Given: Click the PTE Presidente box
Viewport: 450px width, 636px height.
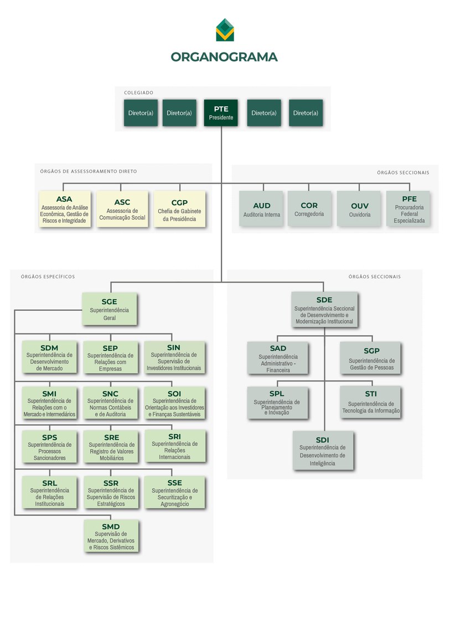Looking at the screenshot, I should (221, 113).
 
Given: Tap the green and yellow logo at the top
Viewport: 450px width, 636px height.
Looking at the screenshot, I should (225, 30).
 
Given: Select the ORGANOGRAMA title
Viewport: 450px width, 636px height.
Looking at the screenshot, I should (224, 57).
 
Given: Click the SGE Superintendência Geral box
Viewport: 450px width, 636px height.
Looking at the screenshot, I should (109, 309).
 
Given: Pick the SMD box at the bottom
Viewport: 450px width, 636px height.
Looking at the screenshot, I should (111, 536).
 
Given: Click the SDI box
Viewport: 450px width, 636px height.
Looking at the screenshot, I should (323, 451).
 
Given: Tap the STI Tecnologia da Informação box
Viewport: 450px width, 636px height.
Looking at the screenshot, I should (370, 402).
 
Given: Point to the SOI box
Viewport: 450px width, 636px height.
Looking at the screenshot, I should (174, 402).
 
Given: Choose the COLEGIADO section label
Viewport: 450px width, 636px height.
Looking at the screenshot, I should (139, 93).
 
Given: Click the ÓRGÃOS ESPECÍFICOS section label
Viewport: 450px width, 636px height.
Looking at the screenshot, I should (48, 277).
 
